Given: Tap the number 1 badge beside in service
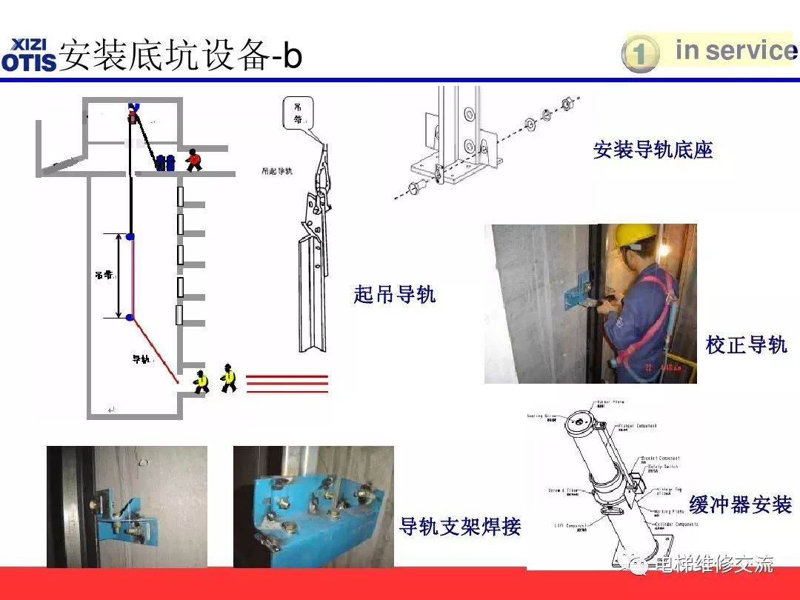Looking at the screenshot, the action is click(639, 53).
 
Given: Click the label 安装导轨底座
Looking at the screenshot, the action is click(652, 150).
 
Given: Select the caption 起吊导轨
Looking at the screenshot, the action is click(394, 295).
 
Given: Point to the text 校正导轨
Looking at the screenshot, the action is click(745, 344).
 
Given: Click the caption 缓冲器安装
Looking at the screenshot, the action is click(740, 505).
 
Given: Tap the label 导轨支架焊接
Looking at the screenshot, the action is click(459, 527).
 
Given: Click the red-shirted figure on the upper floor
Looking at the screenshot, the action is click(193, 159).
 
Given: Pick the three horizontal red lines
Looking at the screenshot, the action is click(287, 382).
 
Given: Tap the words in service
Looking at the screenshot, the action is click(735, 50).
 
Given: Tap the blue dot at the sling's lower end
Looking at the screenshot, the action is click(130, 318).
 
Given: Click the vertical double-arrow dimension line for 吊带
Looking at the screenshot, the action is click(119, 276).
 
